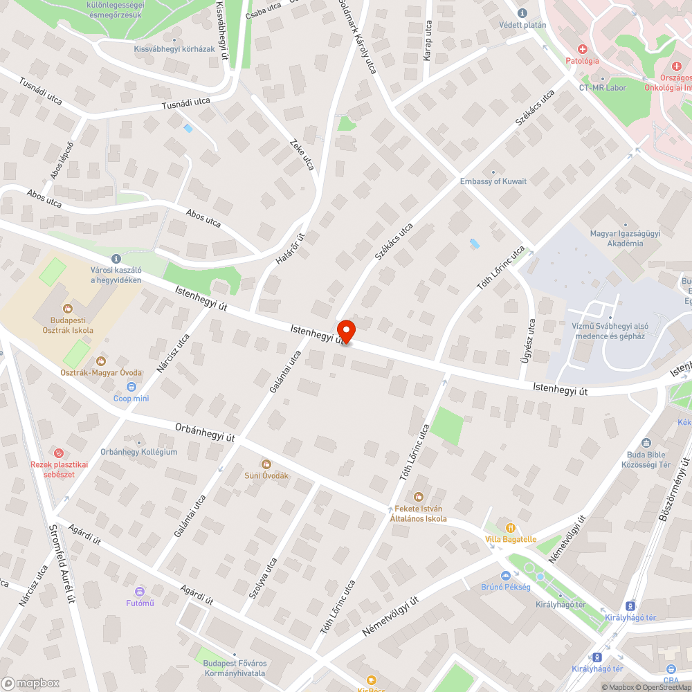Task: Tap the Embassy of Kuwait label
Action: coord(493,181)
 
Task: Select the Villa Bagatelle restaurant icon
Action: coord(511,527)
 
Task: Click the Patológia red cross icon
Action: coord(582,49)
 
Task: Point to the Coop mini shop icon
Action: coord(131,387)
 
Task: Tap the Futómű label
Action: coord(140,602)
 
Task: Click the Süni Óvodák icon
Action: coord(266,464)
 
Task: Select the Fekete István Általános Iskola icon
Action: coord(418,496)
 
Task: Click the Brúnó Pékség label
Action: coord(506,587)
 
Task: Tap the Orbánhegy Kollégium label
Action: coord(139,452)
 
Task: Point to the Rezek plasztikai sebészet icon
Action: coord(60,453)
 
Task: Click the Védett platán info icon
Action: coord(522,13)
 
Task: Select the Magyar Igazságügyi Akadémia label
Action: coord(625,238)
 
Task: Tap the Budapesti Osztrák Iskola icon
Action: coord(68,309)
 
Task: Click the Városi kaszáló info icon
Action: coord(116,257)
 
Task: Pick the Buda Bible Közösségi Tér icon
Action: coord(646,443)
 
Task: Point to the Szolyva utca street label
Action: coord(263,578)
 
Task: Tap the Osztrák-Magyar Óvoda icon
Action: coord(101,361)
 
